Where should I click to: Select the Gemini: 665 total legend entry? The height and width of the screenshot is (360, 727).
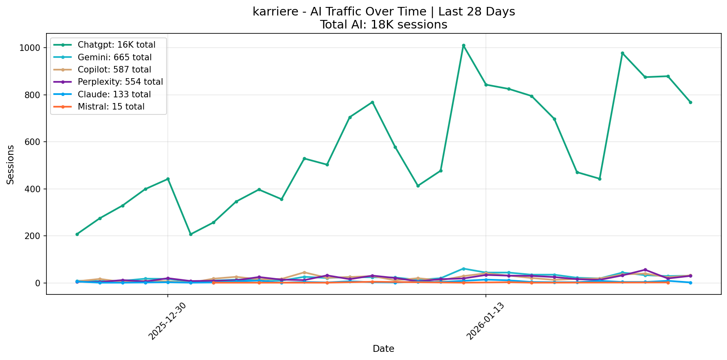pos(114,57)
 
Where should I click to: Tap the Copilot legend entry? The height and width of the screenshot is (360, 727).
pos(114,70)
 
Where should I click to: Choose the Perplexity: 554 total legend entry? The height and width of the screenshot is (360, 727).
pos(120,82)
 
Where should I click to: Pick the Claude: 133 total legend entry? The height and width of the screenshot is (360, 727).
pos(114,94)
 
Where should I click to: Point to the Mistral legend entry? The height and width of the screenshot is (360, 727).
pos(111,107)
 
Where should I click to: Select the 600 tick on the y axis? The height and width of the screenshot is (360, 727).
pos(33,142)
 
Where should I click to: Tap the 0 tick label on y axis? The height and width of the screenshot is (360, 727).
pos(38,283)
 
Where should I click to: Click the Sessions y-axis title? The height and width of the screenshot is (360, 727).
pos(11,165)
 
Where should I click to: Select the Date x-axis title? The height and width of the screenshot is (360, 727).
pos(383,349)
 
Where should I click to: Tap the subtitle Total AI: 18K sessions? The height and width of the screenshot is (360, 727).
pos(383,25)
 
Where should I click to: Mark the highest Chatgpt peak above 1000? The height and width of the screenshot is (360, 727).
pos(463,46)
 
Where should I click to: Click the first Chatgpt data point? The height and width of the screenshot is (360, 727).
pos(77,234)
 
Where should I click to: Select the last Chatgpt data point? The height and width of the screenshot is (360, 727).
pos(690,102)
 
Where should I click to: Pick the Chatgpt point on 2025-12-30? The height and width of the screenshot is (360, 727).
pos(168,179)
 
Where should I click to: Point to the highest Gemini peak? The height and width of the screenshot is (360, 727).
pos(463,269)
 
